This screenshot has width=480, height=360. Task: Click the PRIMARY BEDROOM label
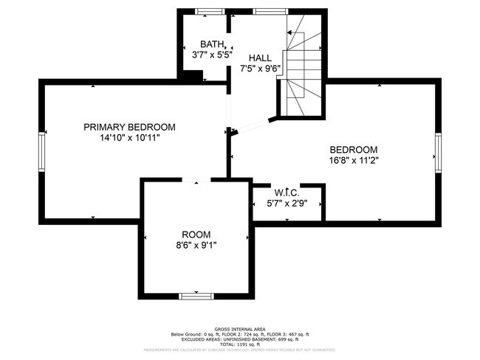coord(129,127)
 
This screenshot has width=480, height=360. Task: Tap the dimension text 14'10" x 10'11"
coord(129,137)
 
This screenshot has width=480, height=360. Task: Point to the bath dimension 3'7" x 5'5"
coord(197,55)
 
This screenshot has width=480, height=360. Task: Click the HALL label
coord(259,58)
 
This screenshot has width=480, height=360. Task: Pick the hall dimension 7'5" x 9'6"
coord(260,69)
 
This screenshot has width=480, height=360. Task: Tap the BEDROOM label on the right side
coord(354,148)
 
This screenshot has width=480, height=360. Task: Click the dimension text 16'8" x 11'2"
coord(354,159)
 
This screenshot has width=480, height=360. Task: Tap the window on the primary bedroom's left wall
coord(43,150)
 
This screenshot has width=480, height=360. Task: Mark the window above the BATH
coord(209,11)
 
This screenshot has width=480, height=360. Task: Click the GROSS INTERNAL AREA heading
coord(240,328)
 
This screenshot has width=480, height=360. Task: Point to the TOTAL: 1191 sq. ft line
coord(240,345)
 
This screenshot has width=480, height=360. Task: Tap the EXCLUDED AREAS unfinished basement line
coord(240,339)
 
